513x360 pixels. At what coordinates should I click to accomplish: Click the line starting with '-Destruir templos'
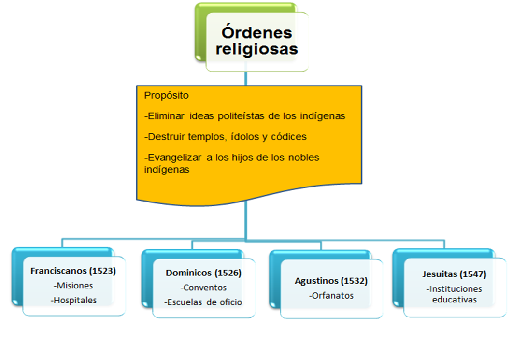tap(225, 137)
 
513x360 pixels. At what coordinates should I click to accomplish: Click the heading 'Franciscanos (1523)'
tap(73, 271)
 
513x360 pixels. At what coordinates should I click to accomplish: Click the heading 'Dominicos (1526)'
tap(203, 273)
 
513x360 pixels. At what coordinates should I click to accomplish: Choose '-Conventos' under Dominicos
tap(203, 288)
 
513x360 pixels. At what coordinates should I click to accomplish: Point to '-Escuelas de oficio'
tap(203, 302)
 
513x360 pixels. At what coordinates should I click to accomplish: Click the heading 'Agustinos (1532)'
tap(331, 281)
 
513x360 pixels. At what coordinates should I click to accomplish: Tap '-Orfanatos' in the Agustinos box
tap(331, 295)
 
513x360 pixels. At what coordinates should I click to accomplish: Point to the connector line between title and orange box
tap(246, 79)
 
